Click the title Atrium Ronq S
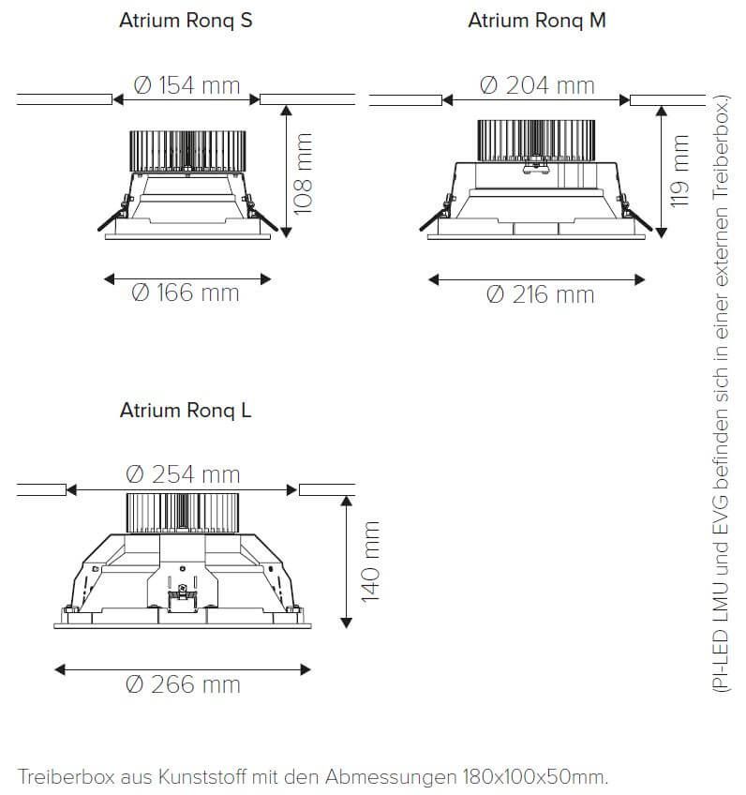(186, 21)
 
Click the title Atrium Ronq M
(537, 21)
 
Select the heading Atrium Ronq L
(186, 411)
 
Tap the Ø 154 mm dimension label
(186, 85)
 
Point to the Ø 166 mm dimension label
(185, 293)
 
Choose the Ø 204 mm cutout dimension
(537, 85)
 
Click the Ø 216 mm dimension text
(540, 294)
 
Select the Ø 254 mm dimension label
(183, 474)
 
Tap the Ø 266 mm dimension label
(183, 684)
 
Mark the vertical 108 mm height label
(303, 174)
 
